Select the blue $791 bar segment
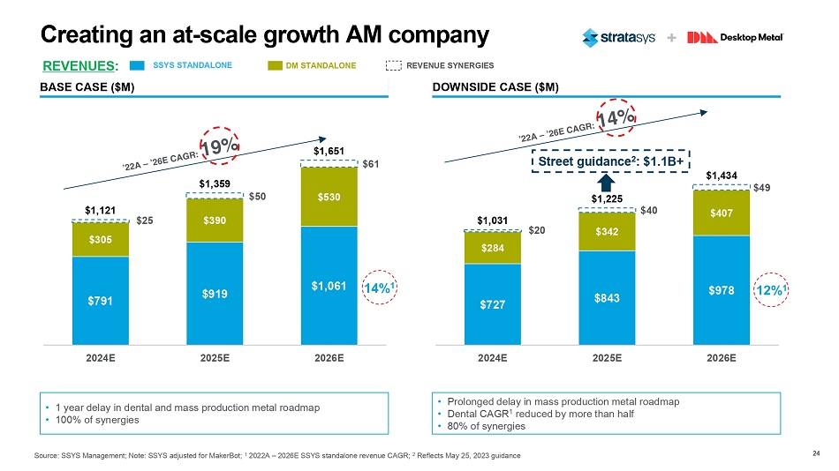(100, 300)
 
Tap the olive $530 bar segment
(328, 195)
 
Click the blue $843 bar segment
(608, 296)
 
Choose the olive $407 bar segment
(722, 213)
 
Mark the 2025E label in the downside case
(608, 359)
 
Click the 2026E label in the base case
(328, 359)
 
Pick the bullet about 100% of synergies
(98, 420)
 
